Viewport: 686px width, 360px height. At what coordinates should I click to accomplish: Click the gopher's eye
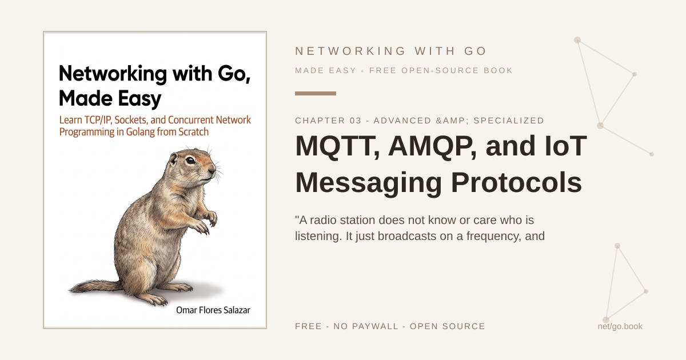[190, 161]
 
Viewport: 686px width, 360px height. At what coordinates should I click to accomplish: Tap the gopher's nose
[212, 169]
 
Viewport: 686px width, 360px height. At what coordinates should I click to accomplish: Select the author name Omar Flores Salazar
[213, 310]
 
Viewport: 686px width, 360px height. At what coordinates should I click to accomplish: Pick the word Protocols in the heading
[516, 182]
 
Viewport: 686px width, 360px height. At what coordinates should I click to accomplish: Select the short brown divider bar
[316, 93]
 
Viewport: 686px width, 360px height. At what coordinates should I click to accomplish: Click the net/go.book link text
[620, 326]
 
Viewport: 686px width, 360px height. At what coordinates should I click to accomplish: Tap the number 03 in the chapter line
[356, 121]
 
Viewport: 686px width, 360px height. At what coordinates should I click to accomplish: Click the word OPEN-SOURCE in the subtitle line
[440, 70]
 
